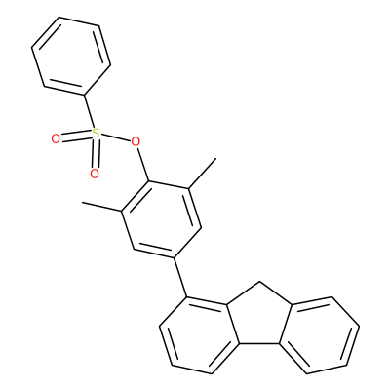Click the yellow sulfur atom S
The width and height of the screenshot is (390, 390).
tap(95, 134)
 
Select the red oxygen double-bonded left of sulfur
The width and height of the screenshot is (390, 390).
tap(56, 139)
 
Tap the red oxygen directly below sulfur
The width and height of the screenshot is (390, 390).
tap(95, 174)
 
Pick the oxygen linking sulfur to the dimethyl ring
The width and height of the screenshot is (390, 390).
tap(135, 141)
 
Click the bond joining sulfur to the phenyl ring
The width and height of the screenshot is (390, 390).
tap(90, 111)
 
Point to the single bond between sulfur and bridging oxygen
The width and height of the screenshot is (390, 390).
tap(114, 137)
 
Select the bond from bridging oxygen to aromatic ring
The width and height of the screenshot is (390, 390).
tap(143, 165)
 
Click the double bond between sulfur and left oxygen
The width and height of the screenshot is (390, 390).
tap(75, 136)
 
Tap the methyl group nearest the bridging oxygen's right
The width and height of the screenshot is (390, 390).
tap(202, 174)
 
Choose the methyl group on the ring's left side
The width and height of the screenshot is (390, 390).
tap(102, 207)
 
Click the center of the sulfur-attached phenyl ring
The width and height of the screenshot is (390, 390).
tap(71, 56)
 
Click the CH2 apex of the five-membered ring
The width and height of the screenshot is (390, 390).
tap(259, 283)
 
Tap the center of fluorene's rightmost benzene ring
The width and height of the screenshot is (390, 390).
tap(319, 334)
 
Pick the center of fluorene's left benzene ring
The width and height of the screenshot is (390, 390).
tap(199, 334)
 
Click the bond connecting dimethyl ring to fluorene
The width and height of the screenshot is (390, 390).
tap(180, 278)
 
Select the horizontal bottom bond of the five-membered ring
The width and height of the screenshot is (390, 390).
tap(259, 343)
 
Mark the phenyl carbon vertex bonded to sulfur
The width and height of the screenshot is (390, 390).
tap(84, 96)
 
